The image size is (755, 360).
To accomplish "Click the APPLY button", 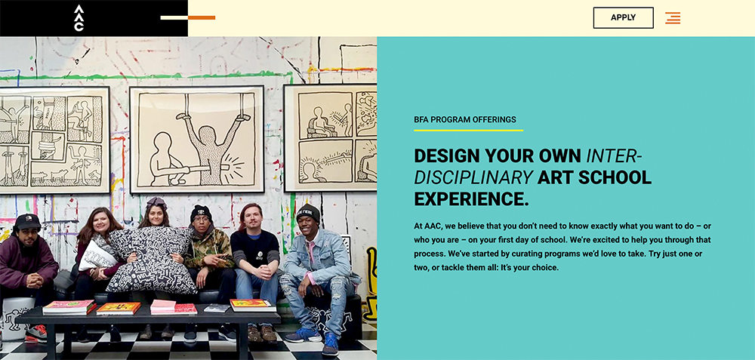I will (623, 18).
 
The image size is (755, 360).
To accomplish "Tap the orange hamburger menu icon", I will (673, 18).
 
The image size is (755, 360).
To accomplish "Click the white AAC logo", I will (79, 18).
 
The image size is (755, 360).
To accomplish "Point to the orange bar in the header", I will (202, 17).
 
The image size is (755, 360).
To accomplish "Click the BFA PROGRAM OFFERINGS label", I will (465, 119).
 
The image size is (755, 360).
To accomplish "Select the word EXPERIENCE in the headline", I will (471, 199).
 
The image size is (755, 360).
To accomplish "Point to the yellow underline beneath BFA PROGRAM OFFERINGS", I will (468, 131).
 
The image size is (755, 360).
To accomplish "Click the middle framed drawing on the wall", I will (197, 139).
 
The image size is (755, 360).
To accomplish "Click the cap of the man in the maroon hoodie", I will (28, 220).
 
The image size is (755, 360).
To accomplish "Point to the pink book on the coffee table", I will (163, 306).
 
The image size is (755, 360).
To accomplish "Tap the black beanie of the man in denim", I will (307, 211).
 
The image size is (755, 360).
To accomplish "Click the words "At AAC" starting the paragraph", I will (428, 225).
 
